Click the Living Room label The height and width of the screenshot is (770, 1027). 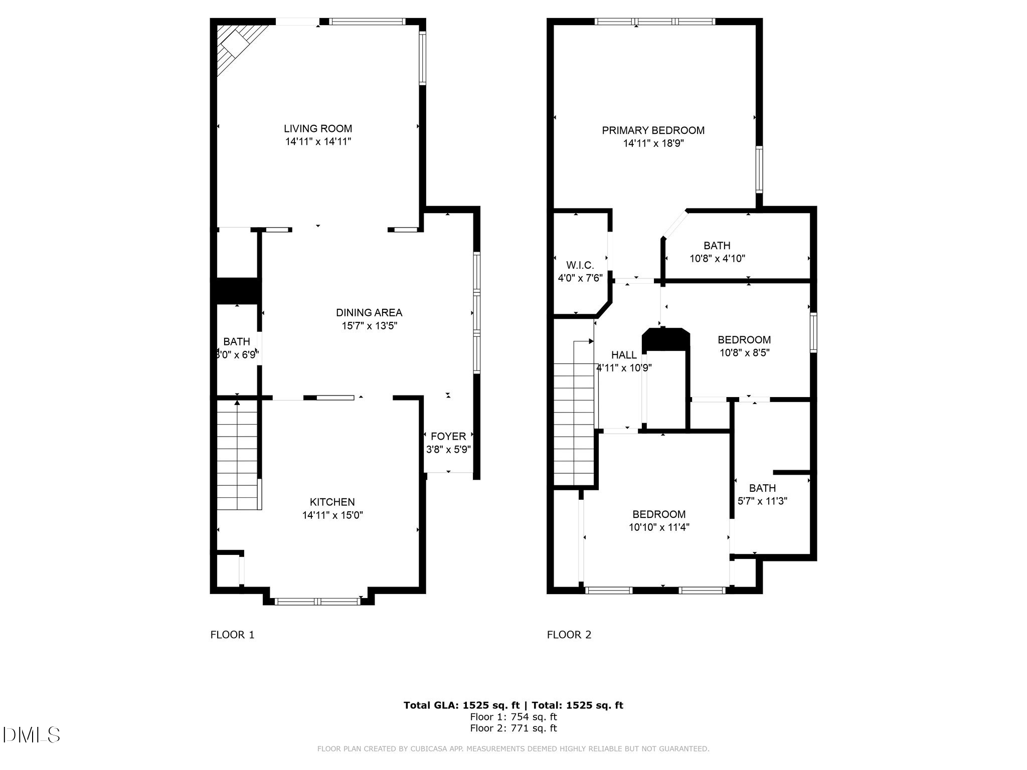pyautogui.click(x=318, y=129)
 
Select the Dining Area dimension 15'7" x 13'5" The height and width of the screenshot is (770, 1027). pyautogui.click(x=369, y=326)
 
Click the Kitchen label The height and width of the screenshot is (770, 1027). pyautogui.click(x=332, y=502)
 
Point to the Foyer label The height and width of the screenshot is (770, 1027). pyautogui.click(x=448, y=437)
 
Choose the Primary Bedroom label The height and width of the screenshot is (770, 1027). pyautogui.click(x=653, y=130)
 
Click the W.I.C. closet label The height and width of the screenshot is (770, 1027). pyautogui.click(x=580, y=265)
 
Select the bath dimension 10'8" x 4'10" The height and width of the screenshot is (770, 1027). pyautogui.click(x=717, y=259)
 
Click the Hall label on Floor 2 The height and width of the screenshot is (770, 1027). pyautogui.click(x=624, y=355)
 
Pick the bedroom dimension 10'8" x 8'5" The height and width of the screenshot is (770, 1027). pyautogui.click(x=744, y=352)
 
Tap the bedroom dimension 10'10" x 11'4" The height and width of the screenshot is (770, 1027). pyautogui.click(x=659, y=527)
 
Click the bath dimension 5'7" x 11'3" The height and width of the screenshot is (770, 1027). pyautogui.click(x=762, y=501)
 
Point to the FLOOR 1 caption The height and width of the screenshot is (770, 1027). pyautogui.click(x=232, y=635)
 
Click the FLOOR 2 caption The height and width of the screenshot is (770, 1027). pyautogui.click(x=569, y=635)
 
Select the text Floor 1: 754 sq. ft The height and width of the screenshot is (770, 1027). pyautogui.click(x=513, y=717)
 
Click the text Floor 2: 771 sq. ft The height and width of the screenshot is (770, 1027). pyautogui.click(x=513, y=728)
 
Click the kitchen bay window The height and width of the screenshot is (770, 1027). pyautogui.click(x=318, y=601)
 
